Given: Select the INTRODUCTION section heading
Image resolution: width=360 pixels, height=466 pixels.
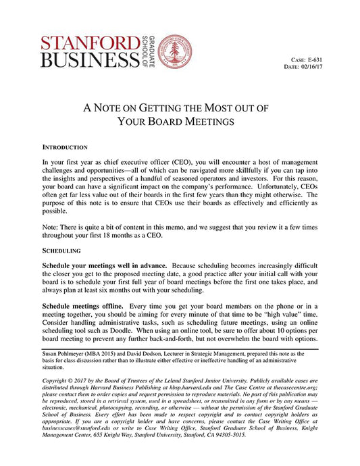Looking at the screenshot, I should coord(65,147).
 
